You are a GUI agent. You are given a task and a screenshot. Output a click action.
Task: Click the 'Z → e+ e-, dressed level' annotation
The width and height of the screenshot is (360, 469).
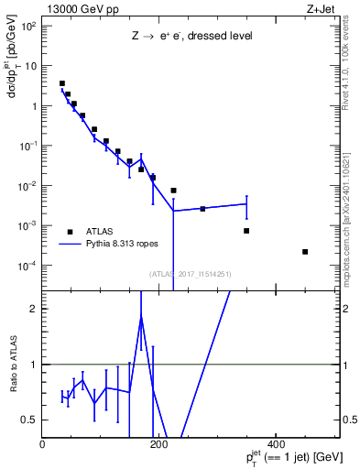click(x=191, y=37)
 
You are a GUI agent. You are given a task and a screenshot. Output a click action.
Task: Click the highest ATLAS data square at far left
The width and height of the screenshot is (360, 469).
click(x=62, y=83)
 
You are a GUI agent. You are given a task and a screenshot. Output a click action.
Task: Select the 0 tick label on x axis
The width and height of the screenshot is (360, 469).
click(x=42, y=445)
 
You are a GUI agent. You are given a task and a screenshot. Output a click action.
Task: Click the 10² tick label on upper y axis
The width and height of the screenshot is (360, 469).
click(x=28, y=26)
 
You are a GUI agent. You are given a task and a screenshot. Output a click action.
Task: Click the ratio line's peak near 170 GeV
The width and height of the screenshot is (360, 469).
click(x=141, y=317)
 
